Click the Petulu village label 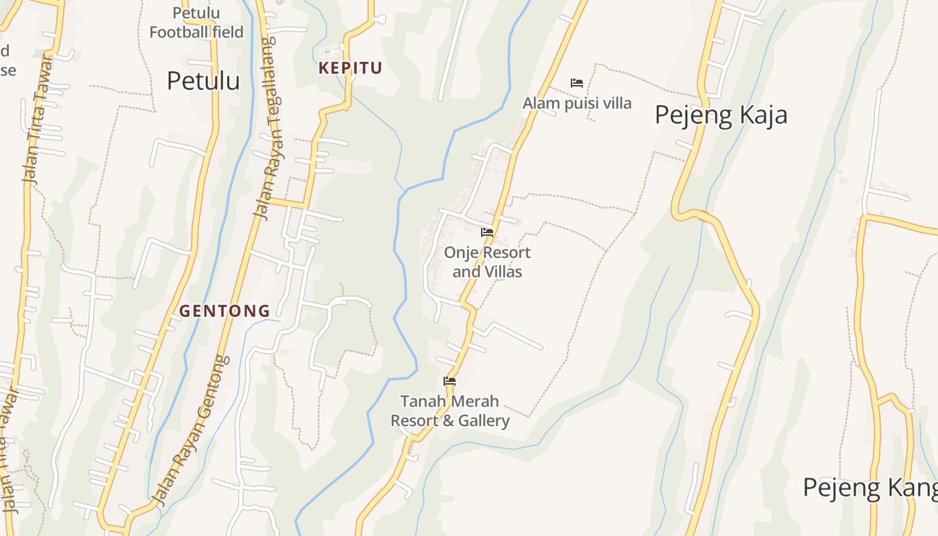(203, 80)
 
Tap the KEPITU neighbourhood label (350, 68)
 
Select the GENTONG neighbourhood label (224, 311)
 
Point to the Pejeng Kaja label (720, 115)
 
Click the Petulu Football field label (196, 22)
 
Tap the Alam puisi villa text (576, 103)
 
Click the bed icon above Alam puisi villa (576, 83)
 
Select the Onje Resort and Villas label (487, 262)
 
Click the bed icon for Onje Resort (487, 232)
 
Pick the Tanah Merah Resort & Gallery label (450, 411)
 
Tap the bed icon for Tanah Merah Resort (450, 381)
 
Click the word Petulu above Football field (196, 13)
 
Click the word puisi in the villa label (582, 103)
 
